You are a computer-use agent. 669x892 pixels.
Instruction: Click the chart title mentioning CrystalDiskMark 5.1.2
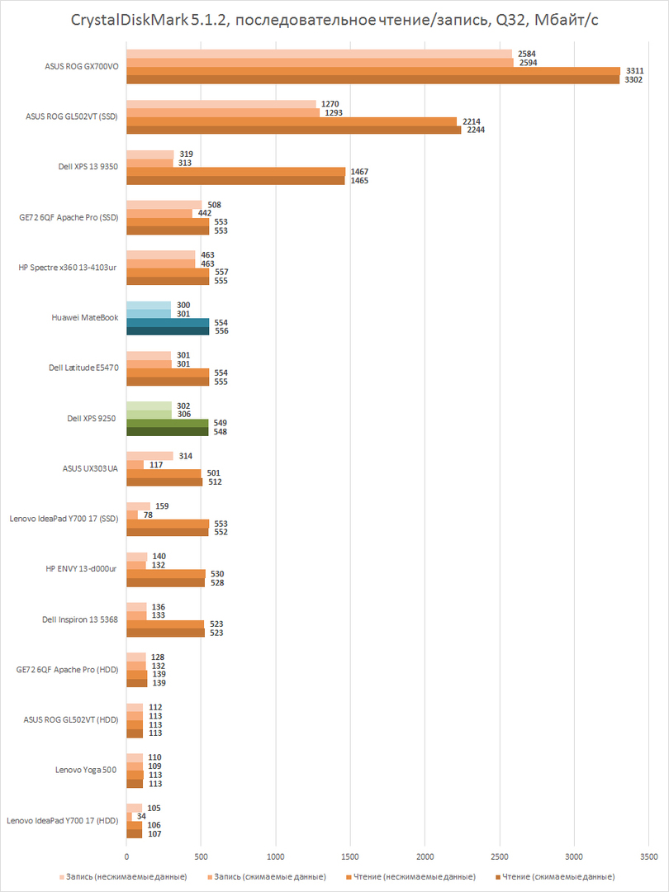point(334,21)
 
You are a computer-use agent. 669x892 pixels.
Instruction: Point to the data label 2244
point(476,130)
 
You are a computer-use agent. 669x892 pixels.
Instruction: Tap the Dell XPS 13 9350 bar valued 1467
point(236,172)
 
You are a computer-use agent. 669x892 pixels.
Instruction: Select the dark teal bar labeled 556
point(168,330)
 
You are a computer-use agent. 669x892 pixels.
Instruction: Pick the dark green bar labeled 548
point(168,431)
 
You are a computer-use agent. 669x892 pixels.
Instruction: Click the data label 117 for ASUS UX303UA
point(155,464)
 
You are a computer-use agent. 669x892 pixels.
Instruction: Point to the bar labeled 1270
point(221,104)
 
